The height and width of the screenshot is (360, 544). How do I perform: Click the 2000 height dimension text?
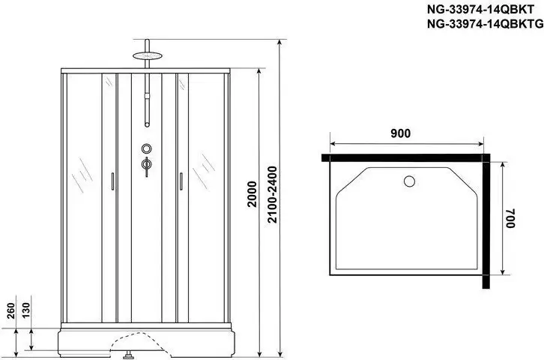[259, 196]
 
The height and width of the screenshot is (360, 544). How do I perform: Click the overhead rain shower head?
[147, 55]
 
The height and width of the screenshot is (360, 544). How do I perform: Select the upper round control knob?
[147, 148]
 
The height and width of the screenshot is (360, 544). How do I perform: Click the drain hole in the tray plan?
[408, 181]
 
